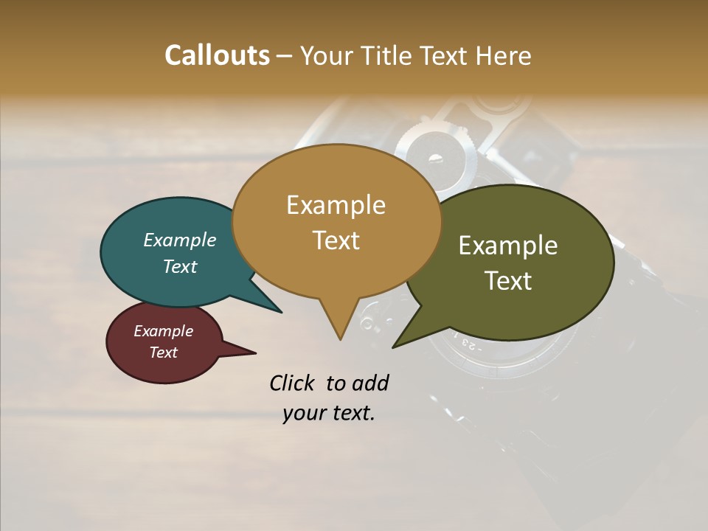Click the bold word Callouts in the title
(x=217, y=55)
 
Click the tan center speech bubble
(x=336, y=221)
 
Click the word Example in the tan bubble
(x=336, y=205)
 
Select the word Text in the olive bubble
(x=508, y=281)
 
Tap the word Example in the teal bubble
(x=180, y=240)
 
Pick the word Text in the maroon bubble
(x=164, y=353)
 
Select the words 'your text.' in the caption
(x=329, y=413)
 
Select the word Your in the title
(x=327, y=55)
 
